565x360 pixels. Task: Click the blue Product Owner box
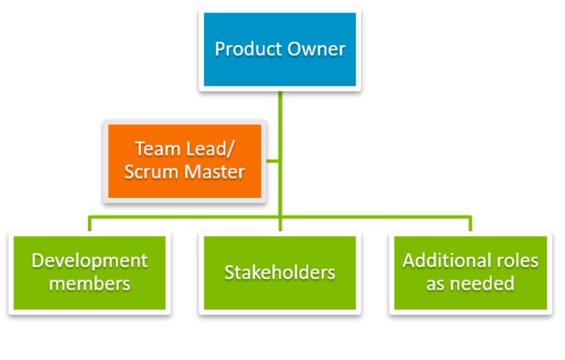[280, 49]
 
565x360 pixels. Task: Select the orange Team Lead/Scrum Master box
[185, 161]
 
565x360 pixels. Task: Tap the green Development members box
[90, 273]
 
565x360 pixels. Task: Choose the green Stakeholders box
[280, 273]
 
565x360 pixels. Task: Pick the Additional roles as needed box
[470, 273]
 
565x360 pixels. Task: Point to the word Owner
[316, 49]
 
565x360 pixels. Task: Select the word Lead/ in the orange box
[211, 149]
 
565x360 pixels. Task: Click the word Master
[214, 172]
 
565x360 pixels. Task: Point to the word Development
[90, 261]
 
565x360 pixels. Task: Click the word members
[90, 284]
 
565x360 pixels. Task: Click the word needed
[482, 283]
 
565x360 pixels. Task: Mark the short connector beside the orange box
[272, 161]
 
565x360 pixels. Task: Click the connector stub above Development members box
[90, 223]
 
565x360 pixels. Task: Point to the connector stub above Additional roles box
[470, 223]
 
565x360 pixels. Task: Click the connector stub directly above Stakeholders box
[280, 224]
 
